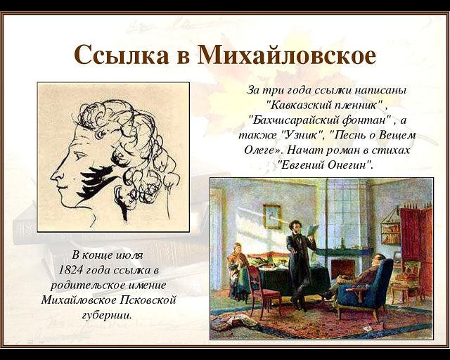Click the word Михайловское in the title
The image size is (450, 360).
click(286, 54)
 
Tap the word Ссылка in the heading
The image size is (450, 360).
click(122, 55)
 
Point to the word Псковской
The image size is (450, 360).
click(147, 300)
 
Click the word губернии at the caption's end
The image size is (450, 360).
click(107, 315)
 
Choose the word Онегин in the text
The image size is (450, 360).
click(350, 165)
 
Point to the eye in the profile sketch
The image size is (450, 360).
click(80, 156)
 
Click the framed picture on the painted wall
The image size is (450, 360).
click(272, 216)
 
